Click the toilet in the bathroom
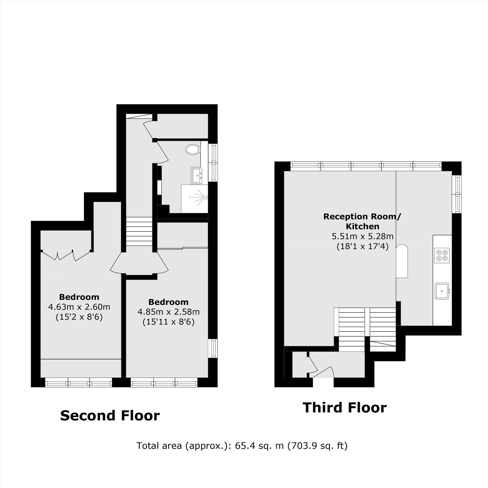[x=193, y=149]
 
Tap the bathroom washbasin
[x=196, y=175]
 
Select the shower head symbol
[x=201, y=197]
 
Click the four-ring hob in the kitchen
[x=442, y=255]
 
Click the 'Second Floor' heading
[x=110, y=416]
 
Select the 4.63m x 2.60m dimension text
[x=79, y=307]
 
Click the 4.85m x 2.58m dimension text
[x=168, y=312]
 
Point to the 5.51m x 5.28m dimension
[x=363, y=236]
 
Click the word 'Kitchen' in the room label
[x=363, y=226]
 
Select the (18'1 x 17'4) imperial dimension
[x=363, y=246]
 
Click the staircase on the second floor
[x=139, y=231]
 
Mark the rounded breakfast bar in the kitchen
[x=402, y=261]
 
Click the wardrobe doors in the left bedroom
[x=66, y=255]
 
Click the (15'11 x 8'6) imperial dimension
[x=168, y=322]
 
